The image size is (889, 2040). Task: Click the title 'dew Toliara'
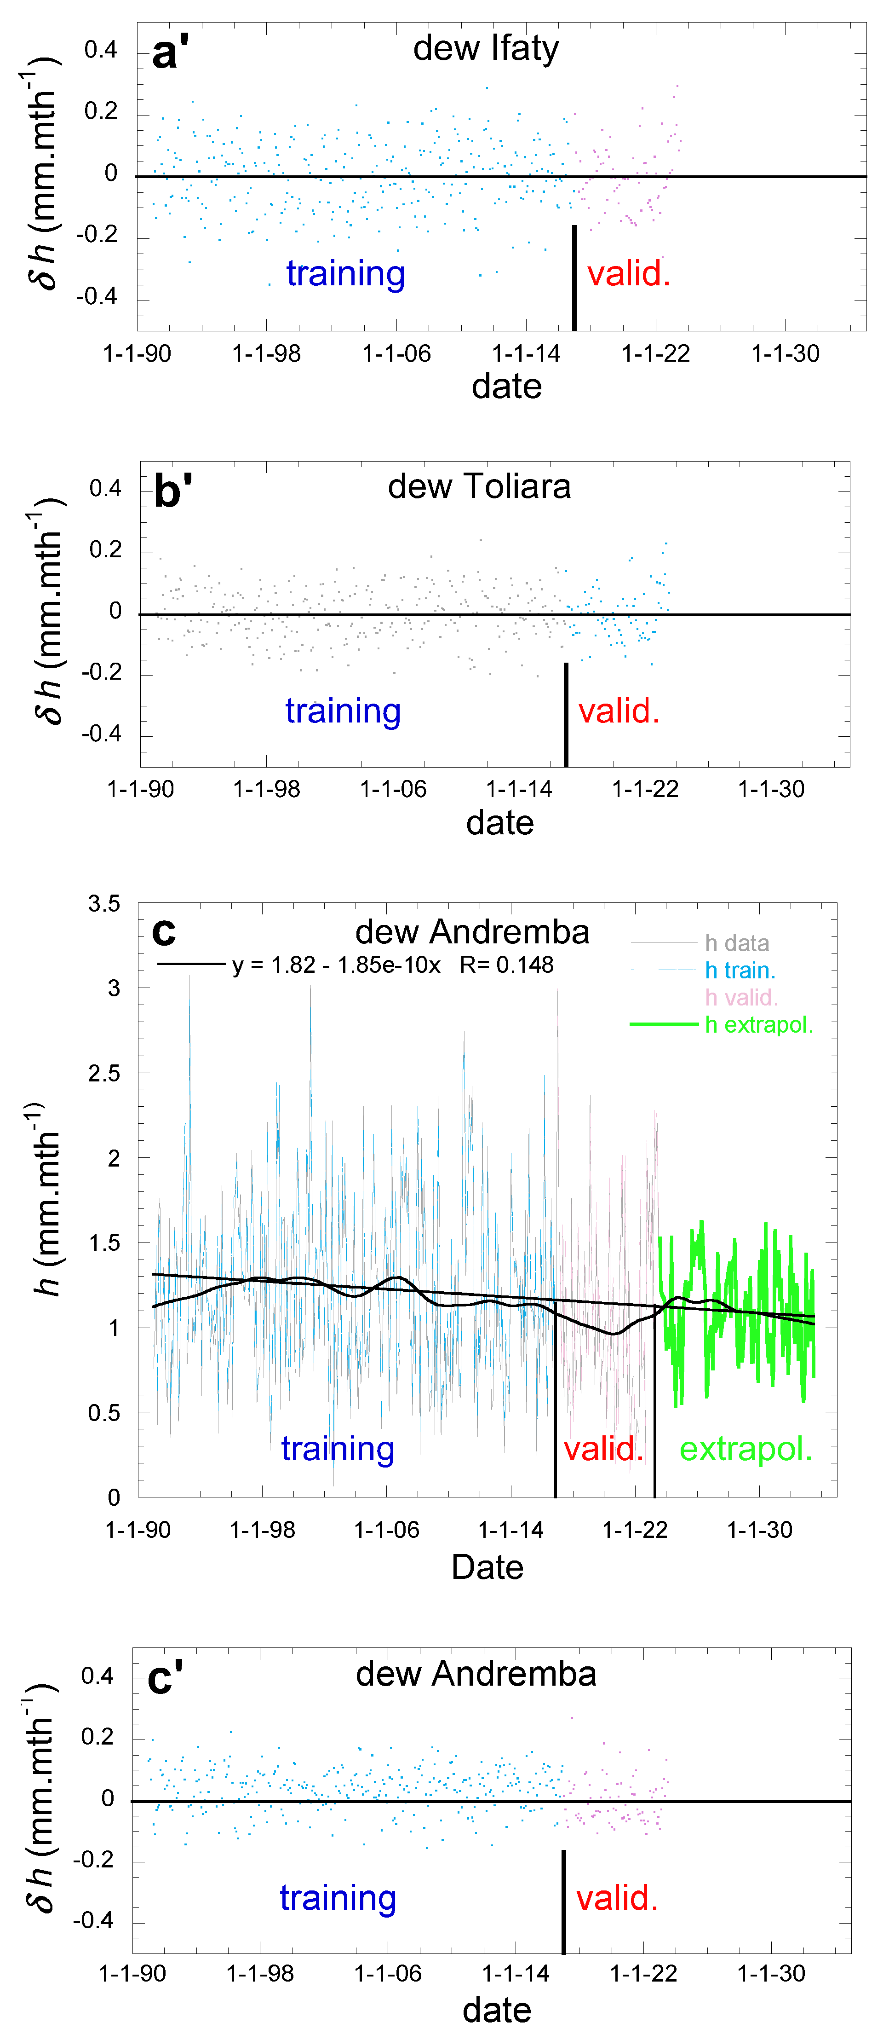coord(479,486)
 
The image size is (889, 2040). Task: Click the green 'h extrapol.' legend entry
coord(758,1025)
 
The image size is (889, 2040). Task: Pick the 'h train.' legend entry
coord(740,970)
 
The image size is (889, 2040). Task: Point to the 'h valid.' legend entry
coord(741,997)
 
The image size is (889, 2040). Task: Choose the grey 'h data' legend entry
coord(736,943)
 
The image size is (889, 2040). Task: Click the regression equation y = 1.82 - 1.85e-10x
coord(336,965)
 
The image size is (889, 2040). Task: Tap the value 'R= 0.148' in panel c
coord(507,965)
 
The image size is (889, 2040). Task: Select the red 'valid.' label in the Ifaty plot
coord(629,273)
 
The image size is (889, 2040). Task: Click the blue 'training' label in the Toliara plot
coord(343,711)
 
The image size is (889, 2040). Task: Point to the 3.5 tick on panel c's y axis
coord(103,904)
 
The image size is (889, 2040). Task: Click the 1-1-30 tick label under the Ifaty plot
coord(785,353)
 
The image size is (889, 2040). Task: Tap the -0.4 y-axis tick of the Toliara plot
coord(101,734)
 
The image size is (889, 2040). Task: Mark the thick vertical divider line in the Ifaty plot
coord(574,277)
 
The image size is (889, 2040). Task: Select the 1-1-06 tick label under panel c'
coord(388,1973)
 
